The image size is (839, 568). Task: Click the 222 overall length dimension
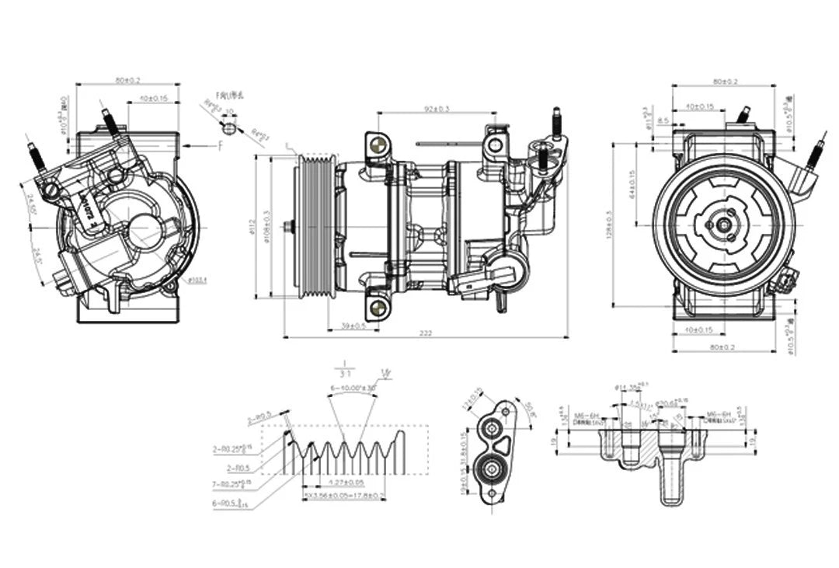click(426, 333)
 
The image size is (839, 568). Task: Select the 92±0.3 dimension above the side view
click(437, 109)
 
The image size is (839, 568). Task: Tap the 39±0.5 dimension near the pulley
click(355, 326)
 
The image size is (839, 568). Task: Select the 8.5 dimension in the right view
click(662, 120)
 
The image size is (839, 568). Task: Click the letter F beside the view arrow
click(221, 145)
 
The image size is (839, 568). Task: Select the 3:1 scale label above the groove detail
click(342, 372)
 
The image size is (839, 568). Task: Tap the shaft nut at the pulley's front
click(289, 226)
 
